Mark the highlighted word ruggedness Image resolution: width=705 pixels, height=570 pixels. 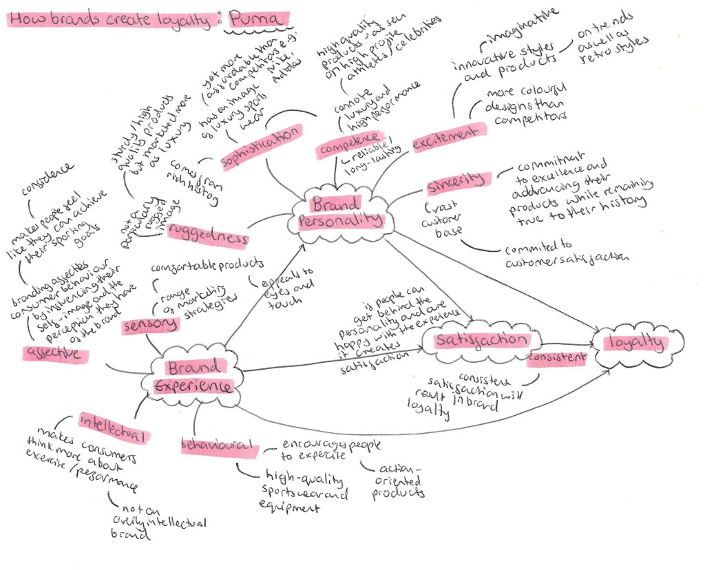pyautogui.click(x=207, y=235)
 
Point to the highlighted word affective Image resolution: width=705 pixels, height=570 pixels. pyautogui.click(x=55, y=354)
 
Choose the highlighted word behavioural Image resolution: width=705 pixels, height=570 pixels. pyautogui.click(x=218, y=446)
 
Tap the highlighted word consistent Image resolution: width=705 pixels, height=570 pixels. pyautogui.click(x=557, y=358)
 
